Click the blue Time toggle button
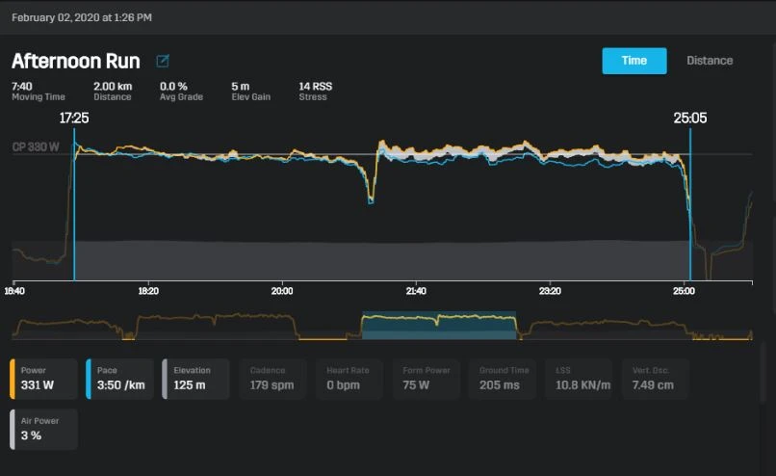coord(634,61)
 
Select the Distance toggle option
coord(710,61)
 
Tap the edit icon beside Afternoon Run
coord(163,62)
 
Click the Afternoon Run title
coord(76,62)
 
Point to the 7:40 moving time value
coord(22,86)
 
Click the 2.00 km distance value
coord(113,86)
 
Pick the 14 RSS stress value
coord(316,86)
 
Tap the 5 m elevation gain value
coord(240,86)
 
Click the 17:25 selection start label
coord(74,119)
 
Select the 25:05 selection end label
coord(689,119)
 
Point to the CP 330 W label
coord(37,147)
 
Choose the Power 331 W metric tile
coord(43,379)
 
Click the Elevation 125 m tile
coord(196,379)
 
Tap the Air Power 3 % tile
coord(43,430)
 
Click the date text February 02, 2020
coord(81,17)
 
